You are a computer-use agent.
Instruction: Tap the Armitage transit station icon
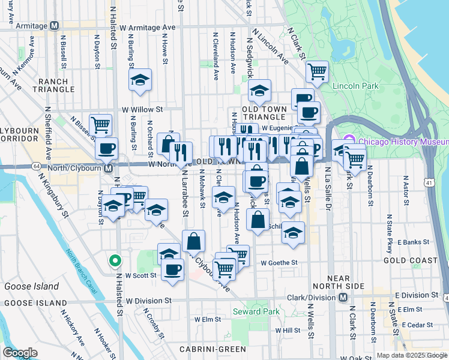(x=55, y=26)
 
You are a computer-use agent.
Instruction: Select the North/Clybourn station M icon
(x=108, y=169)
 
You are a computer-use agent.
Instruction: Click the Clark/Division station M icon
(x=343, y=297)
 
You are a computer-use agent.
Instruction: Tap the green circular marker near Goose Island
(x=115, y=261)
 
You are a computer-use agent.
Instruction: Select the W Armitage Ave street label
(x=147, y=28)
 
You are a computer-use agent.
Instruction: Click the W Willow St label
(x=142, y=110)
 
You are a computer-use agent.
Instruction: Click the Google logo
(x=20, y=353)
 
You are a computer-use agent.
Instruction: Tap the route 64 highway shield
(x=37, y=166)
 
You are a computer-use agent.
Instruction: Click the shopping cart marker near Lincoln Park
(x=317, y=72)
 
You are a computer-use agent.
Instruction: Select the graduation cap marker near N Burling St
(x=140, y=80)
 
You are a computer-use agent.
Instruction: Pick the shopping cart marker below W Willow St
(x=100, y=125)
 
